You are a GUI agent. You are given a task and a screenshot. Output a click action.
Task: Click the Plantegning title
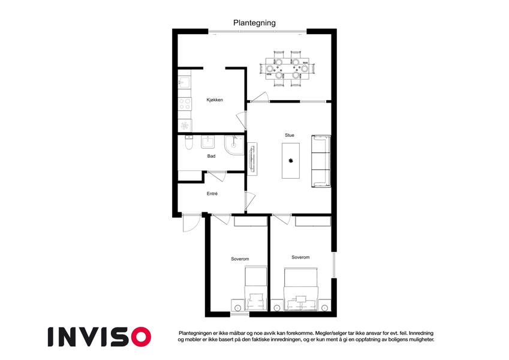(x=254, y=23)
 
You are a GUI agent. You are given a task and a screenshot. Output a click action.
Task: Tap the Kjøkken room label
(x=215, y=100)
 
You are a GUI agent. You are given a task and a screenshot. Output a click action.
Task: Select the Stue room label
(x=289, y=135)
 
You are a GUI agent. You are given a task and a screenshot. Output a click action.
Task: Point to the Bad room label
(x=211, y=156)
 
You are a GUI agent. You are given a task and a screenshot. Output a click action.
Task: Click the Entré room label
(x=212, y=194)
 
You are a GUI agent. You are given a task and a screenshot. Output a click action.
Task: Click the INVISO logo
(x=100, y=337)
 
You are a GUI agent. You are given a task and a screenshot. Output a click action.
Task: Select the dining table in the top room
(x=287, y=69)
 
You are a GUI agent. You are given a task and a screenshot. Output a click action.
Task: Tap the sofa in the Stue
(x=321, y=161)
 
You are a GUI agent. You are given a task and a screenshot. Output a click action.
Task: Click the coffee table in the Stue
(x=291, y=161)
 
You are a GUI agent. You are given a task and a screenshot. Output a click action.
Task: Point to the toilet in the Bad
(x=189, y=143)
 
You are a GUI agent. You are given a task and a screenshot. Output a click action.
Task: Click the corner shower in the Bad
(x=234, y=145)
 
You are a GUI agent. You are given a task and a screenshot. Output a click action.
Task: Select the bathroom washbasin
(x=208, y=142)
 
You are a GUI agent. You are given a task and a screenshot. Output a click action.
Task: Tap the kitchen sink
(x=184, y=82)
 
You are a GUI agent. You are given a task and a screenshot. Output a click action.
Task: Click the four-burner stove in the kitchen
(x=185, y=104)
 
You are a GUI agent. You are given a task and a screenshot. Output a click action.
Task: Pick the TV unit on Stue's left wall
(x=252, y=158)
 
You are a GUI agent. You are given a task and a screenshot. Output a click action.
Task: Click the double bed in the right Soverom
(x=300, y=289)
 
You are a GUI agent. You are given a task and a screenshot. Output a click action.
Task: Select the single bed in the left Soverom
(x=255, y=289)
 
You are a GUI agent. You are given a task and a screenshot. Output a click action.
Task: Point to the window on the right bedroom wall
(x=334, y=265)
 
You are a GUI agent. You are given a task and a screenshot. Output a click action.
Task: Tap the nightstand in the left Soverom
(x=237, y=307)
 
